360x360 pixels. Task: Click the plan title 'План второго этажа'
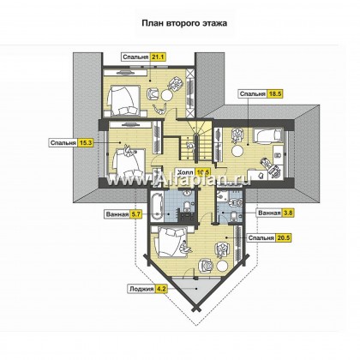[x=184, y=23]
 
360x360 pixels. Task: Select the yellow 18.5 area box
[x=275, y=93]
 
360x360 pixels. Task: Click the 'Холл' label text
[x=185, y=172]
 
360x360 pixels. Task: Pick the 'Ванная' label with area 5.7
[x=117, y=214]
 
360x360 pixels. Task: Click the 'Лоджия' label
[x=141, y=289]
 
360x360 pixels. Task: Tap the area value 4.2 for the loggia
[x=161, y=289]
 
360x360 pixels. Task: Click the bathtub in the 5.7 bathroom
[x=157, y=207]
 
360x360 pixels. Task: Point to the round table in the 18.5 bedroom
[x=237, y=150]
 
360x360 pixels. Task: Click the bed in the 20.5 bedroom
[x=171, y=242]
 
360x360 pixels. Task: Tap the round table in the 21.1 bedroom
[x=166, y=95]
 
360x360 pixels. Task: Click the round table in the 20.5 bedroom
[x=222, y=266]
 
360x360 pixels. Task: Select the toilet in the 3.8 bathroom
[x=234, y=217]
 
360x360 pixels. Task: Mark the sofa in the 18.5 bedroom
[x=267, y=135]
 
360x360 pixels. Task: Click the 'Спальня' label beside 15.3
[x=63, y=143]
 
